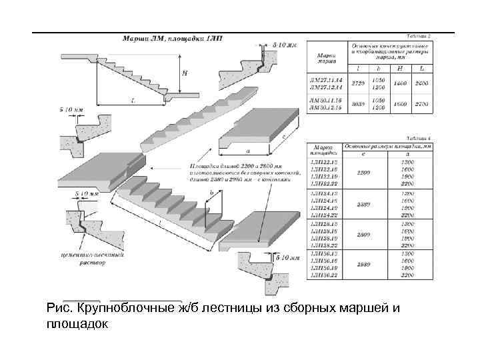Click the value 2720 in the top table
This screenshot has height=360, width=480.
point(357,83)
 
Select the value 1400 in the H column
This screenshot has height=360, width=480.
point(400,83)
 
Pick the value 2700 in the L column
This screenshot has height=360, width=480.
point(422,105)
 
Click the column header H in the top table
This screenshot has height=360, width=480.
point(400,68)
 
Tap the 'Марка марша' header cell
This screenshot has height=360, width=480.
point(326,56)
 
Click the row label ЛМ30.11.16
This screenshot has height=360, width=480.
point(325,101)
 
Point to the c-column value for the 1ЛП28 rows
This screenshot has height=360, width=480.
point(363,235)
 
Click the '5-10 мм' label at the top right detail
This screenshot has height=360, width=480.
point(287,43)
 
